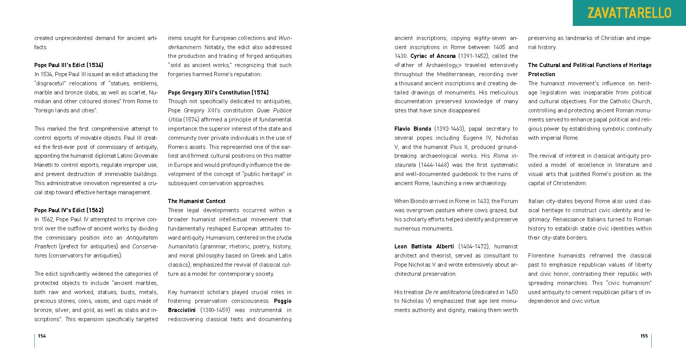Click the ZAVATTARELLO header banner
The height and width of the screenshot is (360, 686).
click(629, 13)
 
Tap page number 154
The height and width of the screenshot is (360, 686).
click(42, 336)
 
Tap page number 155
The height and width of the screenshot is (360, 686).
click(644, 336)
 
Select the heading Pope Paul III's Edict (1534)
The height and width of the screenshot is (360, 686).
click(69, 65)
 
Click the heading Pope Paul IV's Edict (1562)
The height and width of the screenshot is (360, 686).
click(69, 210)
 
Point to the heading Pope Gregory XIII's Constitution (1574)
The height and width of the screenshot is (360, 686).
click(218, 93)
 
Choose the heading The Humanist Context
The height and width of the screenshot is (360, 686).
click(197, 201)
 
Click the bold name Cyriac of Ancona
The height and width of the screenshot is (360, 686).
click(433, 56)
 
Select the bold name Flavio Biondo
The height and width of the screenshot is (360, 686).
click(413, 129)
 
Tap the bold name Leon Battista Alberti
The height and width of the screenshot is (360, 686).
click(424, 246)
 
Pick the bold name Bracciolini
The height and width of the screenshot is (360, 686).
click(182, 310)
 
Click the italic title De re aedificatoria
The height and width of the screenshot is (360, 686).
click(448, 292)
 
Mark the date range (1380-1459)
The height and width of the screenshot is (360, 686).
click(215, 310)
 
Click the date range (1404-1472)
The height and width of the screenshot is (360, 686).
click(474, 246)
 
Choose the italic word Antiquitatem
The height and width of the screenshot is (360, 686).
click(142, 238)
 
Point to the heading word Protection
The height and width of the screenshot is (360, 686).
click(542, 74)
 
